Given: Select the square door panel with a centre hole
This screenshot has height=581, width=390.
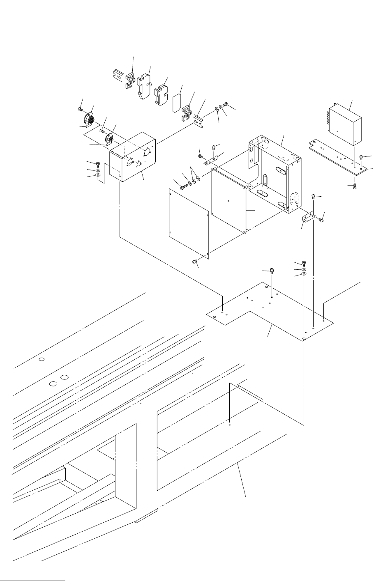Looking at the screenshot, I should pos(228,201).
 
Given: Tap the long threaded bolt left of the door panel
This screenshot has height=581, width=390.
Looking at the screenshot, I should pos(183,187).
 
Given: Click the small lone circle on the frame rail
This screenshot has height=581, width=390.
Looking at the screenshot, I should pos(42,360).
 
